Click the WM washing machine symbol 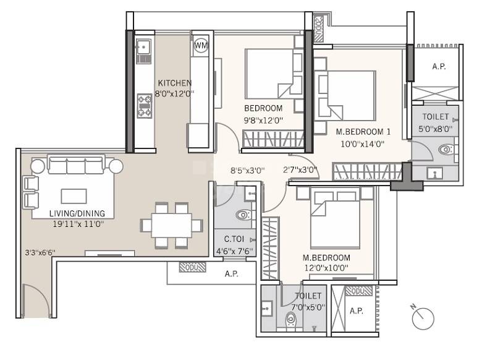pyautogui.click(x=201, y=46)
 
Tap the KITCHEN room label pyautogui.click(x=174, y=84)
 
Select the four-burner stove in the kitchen pyautogui.click(x=145, y=105)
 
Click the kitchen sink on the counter pyautogui.click(x=143, y=46)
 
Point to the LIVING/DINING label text pyautogui.click(x=77, y=213)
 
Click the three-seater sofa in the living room pyautogui.click(x=77, y=166)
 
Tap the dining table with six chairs pyautogui.click(x=172, y=226)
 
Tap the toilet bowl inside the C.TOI pyautogui.click(x=243, y=216)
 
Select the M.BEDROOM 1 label pyautogui.click(x=363, y=132)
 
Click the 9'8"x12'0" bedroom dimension pyautogui.click(x=263, y=121)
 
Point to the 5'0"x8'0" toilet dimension pyautogui.click(x=437, y=129)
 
